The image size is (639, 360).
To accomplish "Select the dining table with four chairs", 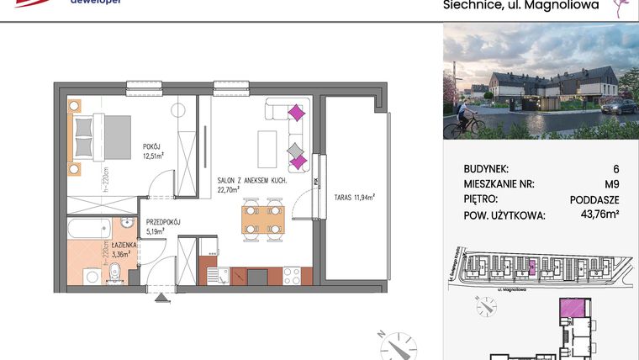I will [261, 220].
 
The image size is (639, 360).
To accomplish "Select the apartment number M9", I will [611, 184].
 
